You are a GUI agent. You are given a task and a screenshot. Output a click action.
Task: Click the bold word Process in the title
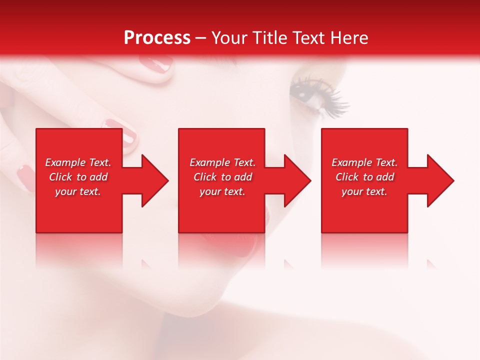tap(157, 38)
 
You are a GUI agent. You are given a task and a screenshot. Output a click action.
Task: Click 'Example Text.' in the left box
tap(78, 162)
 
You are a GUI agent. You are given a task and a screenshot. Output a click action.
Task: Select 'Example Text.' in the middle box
tap(222, 162)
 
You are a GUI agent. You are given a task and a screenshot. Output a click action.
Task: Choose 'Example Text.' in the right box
tap(364, 162)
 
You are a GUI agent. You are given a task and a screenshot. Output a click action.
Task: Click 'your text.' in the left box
tap(78, 191)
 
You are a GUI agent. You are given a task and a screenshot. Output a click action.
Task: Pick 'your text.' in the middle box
tap(222, 191)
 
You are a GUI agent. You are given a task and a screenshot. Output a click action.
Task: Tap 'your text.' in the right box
tap(364, 191)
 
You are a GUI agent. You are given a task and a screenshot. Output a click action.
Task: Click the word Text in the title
tap(307, 38)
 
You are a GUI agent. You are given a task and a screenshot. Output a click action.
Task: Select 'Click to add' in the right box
tap(364, 177)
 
